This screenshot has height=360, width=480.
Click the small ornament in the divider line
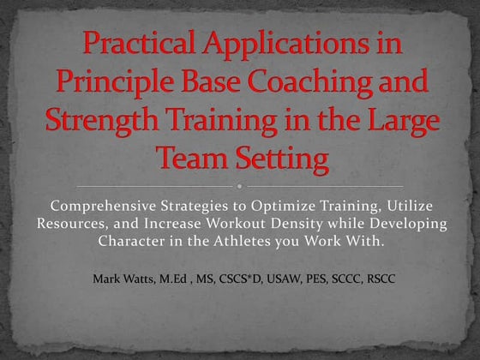click(x=239, y=185)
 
